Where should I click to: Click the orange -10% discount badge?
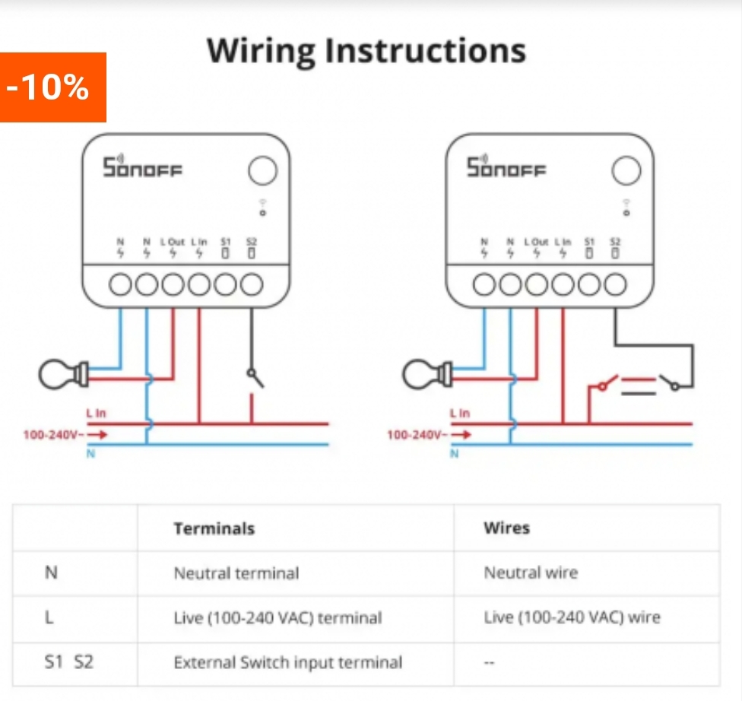[x=52, y=87]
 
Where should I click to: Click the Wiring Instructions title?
[x=366, y=51]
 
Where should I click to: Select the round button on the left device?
[x=262, y=170]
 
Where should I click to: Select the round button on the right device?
[x=626, y=170]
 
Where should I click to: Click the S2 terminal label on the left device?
[x=252, y=242]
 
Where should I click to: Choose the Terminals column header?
[x=214, y=528]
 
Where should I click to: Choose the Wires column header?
[x=506, y=528]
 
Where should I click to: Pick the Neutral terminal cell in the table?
[x=236, y=573]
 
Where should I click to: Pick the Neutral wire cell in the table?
[x=531, y=573]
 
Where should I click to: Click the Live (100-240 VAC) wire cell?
[x=572, y=617]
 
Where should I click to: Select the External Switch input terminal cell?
[x=288, y=662]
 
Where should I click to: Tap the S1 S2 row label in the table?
[x=68, y=662]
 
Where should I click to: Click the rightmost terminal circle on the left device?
[x=252, y=285]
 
